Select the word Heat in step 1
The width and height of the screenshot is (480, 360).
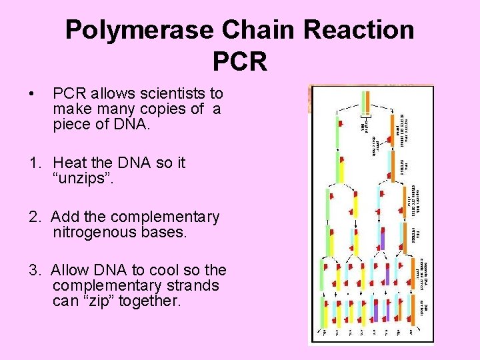(69, 163)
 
